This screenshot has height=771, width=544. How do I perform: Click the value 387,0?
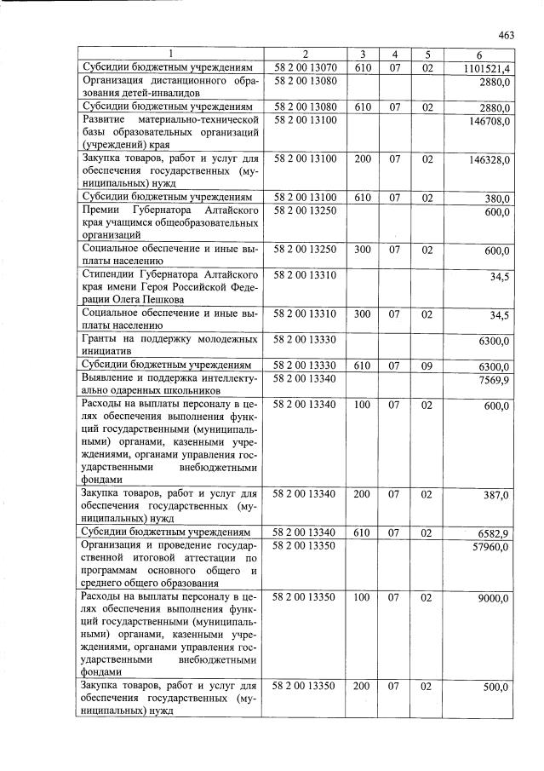(x=497, y=495)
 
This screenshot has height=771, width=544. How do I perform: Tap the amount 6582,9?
(x=494, y=532)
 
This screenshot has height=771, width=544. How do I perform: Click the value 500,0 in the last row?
(x=497, y=687)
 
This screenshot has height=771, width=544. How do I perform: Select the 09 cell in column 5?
(x=427, y=365)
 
